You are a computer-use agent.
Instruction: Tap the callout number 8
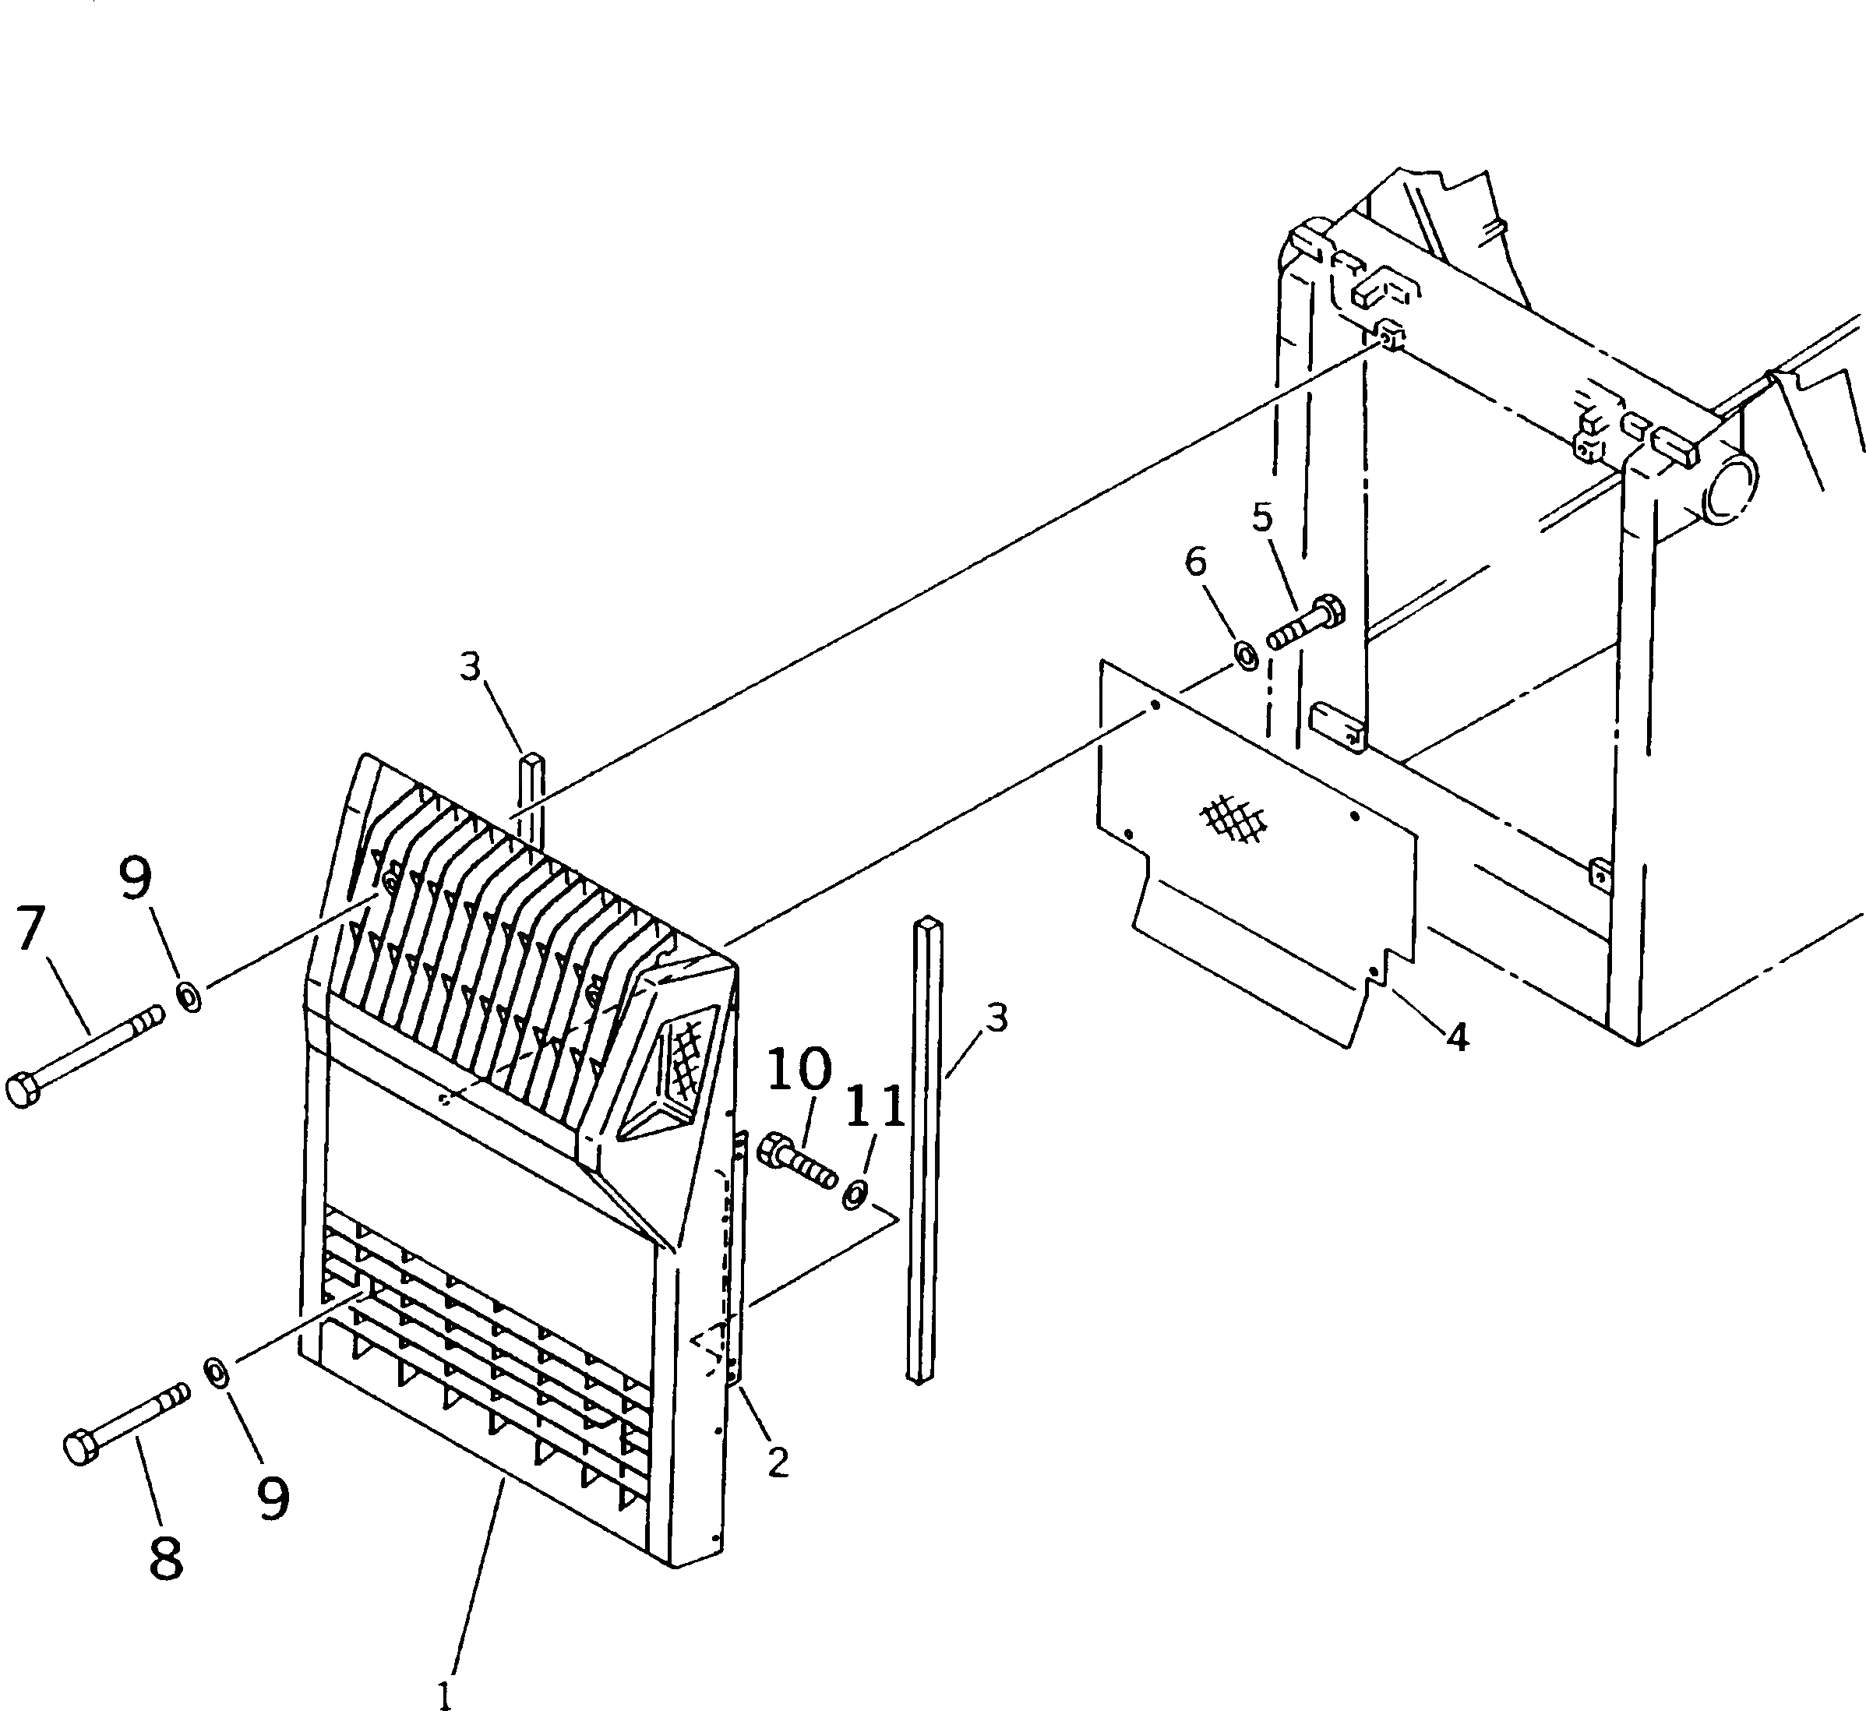click(x=167, y=1558)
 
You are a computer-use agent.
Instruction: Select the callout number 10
click(x=799, y=1068)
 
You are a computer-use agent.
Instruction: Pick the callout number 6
click(x=1196, y=561)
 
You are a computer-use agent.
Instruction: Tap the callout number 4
click(x=1457, y=1039)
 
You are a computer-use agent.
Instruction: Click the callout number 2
click(x=778, y=1462)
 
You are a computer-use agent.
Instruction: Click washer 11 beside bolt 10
click(x=855, y=1194)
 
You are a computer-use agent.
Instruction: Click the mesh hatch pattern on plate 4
click(x=1234, y=818)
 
